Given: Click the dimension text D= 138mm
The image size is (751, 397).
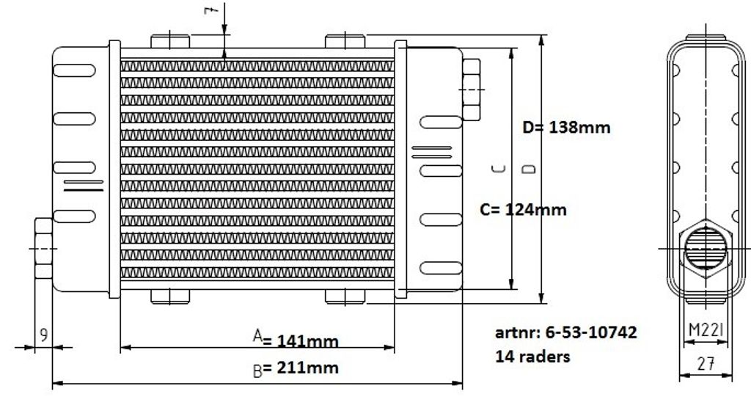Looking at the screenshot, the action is point(567,128).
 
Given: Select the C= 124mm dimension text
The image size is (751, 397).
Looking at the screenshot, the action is point(523,210).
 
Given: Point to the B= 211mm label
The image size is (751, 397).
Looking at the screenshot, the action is point(296,368).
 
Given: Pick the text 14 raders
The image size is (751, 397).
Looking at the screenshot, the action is point(532,357).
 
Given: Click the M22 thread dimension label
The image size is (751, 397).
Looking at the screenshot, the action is point(706,329).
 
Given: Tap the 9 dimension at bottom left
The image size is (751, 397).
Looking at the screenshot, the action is point(43,335).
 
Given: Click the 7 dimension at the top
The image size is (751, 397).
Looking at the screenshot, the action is point(210,10).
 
